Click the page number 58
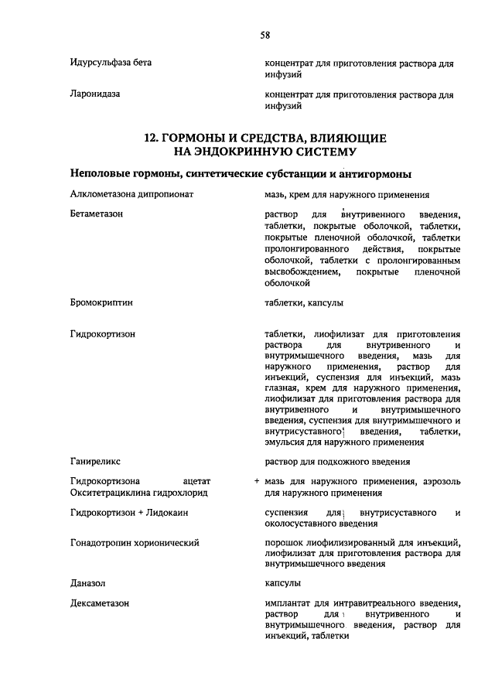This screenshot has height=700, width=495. pyautogui.click(x=265, y=35)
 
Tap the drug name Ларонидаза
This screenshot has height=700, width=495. pyautogui.click(x=94, y=95)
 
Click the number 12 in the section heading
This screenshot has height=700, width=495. pyautogui.click(x=152, y=137)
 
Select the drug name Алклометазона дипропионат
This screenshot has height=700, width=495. pyautogui.click(x=131, y=195)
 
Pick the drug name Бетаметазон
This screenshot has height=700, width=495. pyautogui.click(x=97, y=213)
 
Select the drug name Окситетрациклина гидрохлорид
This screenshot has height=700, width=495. pyautogui.click(x=139, y=493)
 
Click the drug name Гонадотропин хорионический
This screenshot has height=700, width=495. pyautogui.click(x=135, y=543)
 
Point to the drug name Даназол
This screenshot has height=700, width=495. pyautogui.click(x=87, y=582)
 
